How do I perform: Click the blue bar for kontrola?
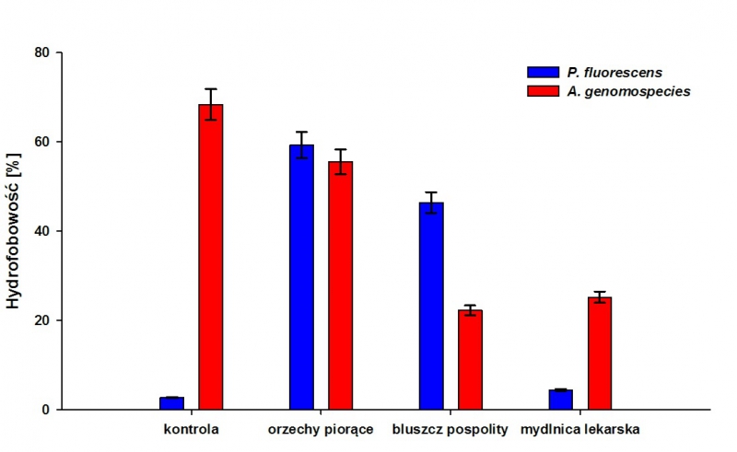click(171, 403)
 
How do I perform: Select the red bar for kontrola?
click(211, 257)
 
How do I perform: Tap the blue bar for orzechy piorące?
click(301, 277)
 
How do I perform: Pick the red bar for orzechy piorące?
click(341, 285)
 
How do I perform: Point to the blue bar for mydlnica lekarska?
click(561, 400)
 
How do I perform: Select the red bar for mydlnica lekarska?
click(600, 353)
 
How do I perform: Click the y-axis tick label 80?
click(42, 52)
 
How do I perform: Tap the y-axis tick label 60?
click(42, 142)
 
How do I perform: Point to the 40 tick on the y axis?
click(42, 231)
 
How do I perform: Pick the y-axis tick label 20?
click(42, 320)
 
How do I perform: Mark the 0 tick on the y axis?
click(46, 410)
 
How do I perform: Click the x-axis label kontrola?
click(191, 429)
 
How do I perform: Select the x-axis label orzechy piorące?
click(321, 430)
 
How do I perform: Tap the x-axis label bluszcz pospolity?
click(450, 430)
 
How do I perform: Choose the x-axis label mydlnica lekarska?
click(580, 430)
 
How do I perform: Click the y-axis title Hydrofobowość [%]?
click(14, 231)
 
